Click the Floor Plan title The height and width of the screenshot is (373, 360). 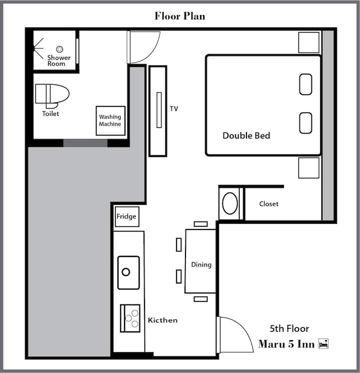point(180,16)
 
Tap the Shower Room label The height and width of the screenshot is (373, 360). point(59,60)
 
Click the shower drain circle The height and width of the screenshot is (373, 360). point(59,49)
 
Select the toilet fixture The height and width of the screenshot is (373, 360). point(52,95)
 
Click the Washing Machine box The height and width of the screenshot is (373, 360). point(110,120)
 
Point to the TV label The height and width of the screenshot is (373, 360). point(174,108)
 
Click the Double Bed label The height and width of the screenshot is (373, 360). point(246,135)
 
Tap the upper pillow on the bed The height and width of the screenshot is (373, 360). point(306,84)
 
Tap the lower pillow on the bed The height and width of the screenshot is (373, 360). point(306,123)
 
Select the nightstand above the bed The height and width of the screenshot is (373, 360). point(309,42)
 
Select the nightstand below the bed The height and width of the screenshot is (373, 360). point(309,167)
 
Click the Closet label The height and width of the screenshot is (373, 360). point(268,204)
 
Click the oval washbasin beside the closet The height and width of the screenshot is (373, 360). point(230,203)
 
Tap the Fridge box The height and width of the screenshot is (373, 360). point(127,216)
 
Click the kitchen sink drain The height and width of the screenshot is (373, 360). point(126,271)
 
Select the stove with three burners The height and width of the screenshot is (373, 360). point(130,318)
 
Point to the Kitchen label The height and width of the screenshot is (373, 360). point(162,320)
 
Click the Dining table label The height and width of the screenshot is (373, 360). point(201,265)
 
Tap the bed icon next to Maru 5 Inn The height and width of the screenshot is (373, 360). point(323,343)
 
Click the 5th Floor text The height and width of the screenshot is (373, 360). point(289,329)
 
